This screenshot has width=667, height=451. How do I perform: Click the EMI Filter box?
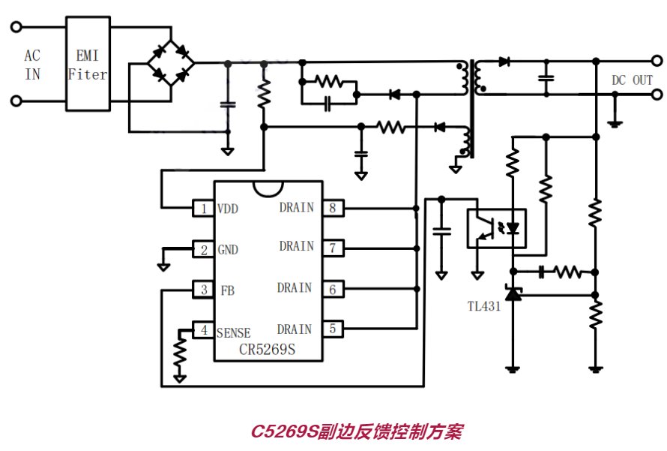tap(88, 64)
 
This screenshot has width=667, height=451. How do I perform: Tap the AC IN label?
tap(32, 65)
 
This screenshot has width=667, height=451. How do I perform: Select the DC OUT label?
tap(632, 80)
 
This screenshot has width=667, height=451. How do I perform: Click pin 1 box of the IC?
tap(203, 209)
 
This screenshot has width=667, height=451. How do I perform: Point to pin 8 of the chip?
tap(333, 208)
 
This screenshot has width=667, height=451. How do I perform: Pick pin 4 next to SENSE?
tap(204, 330)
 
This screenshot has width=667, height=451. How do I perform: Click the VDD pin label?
tap(228, 209)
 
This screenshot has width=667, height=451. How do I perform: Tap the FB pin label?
tap(228, 290)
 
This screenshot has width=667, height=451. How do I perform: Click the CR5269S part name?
tap(267, 349)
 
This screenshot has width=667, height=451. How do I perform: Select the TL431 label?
tap(484, 305)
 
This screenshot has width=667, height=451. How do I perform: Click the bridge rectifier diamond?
tap(171, 64)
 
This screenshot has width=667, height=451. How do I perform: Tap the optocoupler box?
tap(496, 228)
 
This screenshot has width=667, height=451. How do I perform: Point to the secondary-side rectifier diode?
tap(504, 62)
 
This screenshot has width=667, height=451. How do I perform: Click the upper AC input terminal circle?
tap(16, 27)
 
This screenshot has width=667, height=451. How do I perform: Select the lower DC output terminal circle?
tap(657, 94)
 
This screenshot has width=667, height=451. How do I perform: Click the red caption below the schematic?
tap(357, 431)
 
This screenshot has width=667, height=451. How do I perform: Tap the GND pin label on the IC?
tap(228, 250)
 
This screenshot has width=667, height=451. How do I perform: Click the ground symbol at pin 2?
tap(163, 267)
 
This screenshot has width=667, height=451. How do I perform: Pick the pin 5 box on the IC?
tap(333, 329)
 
